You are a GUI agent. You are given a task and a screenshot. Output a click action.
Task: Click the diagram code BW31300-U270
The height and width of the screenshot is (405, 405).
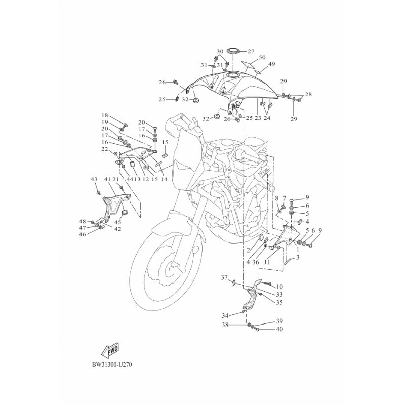tap(112, 364)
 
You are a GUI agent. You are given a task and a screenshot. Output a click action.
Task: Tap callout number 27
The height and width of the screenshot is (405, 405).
tap(251, 52)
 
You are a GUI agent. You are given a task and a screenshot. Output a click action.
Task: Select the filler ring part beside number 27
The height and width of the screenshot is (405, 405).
tap(233, 51)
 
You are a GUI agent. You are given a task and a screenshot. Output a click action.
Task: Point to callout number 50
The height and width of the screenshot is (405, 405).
tap(262, 57)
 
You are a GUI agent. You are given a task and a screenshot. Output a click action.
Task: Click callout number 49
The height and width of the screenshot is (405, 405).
tap(272, 64)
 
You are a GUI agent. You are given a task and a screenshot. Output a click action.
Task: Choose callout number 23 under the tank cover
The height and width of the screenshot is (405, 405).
tap(258, 118)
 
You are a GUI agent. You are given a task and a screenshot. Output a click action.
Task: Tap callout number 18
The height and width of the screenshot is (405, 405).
tap(105, 115)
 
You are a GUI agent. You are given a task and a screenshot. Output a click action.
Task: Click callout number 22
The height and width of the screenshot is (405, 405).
tap(105, 149)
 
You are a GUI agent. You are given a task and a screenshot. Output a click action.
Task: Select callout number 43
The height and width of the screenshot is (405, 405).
tap(94, 179)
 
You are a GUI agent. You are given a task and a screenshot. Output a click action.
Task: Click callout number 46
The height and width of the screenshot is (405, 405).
tap(83, 234)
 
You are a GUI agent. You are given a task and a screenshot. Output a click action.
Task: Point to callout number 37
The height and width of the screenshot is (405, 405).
tap(224, 277)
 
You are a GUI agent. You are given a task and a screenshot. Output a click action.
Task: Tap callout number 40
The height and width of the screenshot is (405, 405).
tap(279, 329)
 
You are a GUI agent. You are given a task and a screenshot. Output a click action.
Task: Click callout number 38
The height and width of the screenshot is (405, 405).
tap(225, 325)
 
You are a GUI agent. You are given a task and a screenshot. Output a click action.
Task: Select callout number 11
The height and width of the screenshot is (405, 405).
tap(267, 262)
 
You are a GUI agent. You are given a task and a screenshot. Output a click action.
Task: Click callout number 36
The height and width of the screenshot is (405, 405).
tap(256, 262)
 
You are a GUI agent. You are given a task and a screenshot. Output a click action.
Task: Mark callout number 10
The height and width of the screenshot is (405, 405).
tap(279, 287)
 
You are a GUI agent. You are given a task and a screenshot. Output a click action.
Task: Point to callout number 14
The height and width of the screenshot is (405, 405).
tap(164, 179)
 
